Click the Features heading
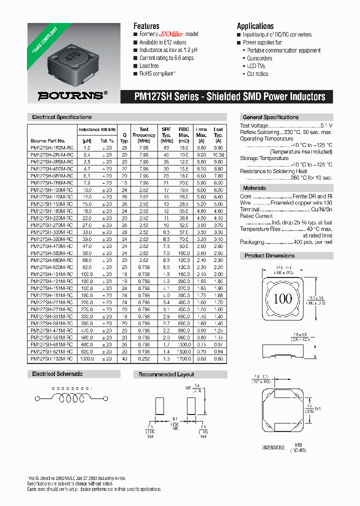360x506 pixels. click(x=146, y=26)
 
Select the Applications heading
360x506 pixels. click(x=255, y=26)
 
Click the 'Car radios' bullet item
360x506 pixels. click(x=257, y=73)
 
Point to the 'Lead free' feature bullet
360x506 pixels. click(x=149, y=66)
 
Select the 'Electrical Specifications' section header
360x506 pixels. click(x=62, y=117)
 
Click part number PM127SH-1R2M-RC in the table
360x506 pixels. click(x=52, y=148)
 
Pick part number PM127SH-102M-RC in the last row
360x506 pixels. click(x=52, y=358)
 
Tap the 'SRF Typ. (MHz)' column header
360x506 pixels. click(x=166, y=135)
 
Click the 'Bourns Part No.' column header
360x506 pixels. click(x=48, y=141)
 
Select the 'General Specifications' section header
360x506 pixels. click(x=270, y=117)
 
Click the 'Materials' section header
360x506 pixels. click(x=254, y=188)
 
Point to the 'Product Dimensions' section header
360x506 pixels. click(x=269, y=255)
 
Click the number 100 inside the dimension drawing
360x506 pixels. click(x=283, y=299)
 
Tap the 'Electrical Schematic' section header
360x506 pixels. click(x=57, y=374)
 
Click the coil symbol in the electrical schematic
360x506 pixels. click(x=70, y=398)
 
